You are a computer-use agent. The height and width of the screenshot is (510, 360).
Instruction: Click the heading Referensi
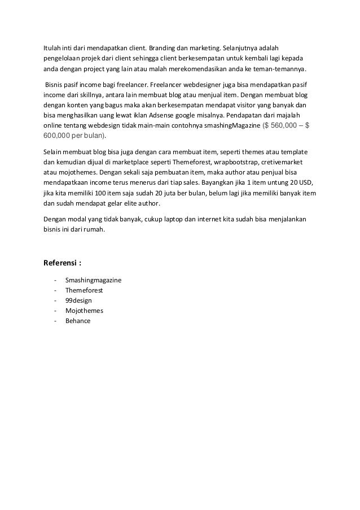pyautogui.click(x=62, y=263)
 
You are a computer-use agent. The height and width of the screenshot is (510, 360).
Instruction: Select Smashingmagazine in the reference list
pyautogui.click(x=93, y=280)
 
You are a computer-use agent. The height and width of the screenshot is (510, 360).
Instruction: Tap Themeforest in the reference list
pyautogui.click(x=84, y=290)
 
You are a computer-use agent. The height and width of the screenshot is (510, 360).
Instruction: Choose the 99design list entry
pyautogui.click(x=78, y=300)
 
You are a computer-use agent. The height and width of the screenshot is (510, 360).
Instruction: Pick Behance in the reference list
pyautogui.click(x=78, y=321)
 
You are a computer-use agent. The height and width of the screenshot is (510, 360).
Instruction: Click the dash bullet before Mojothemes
pyautogui.click(x=54, y=311)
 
